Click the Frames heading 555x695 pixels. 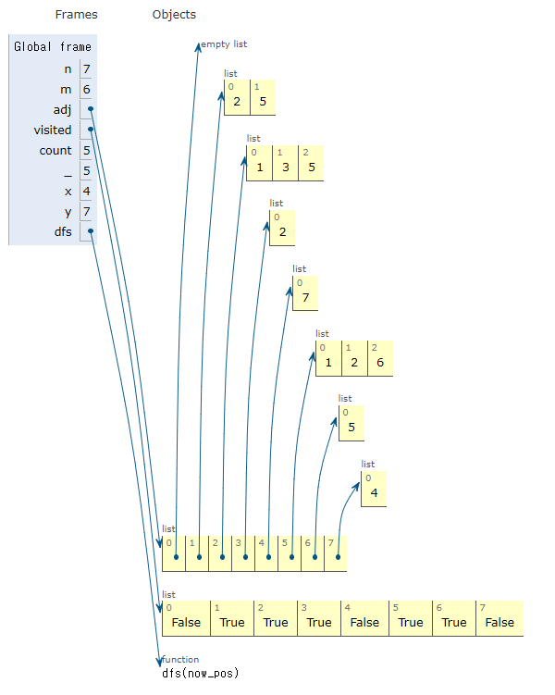[76, 15]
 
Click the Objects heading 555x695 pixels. [174, 15]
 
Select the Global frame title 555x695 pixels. [53, 46]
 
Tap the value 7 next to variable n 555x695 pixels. [86, 69]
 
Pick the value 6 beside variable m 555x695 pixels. [86, 90]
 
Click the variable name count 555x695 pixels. [55, 151]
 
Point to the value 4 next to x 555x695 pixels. [86, 192]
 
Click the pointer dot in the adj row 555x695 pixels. [91, 109]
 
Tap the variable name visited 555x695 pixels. [53, 130]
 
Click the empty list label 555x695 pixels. [224, 44]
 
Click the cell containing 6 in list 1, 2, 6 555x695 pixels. [379, 358]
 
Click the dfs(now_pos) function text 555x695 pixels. [200, 673]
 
